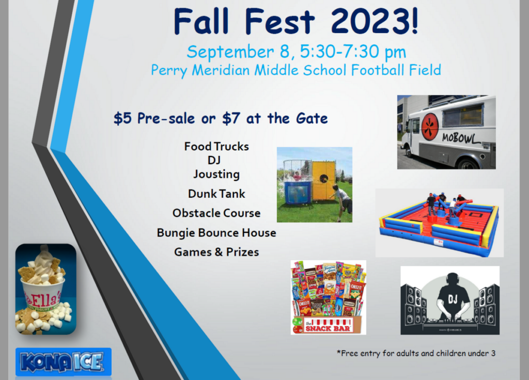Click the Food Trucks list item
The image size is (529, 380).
coord(216,147)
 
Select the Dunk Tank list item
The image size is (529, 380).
coord(216,194)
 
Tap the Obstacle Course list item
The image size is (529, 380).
coord(216,213)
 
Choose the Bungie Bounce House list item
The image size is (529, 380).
coord(216,233)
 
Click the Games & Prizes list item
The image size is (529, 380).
coord(216,252)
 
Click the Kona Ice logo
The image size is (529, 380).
coord(63,362)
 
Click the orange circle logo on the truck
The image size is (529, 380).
coord(430,126)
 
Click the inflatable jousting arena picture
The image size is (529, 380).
coord(439,223)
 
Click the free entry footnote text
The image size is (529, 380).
coord(416,353)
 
